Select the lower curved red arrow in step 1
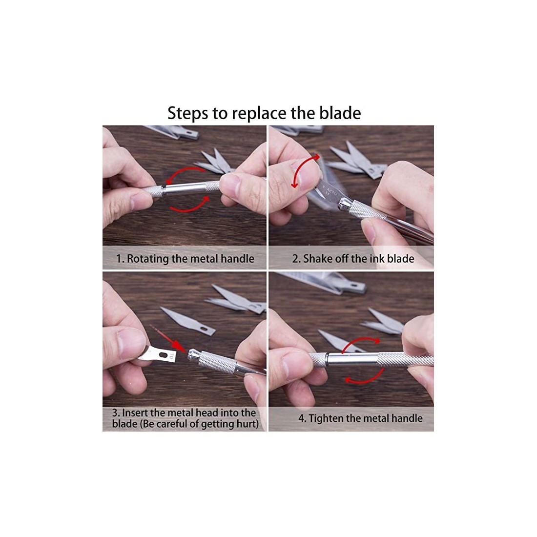(x=189, y=205)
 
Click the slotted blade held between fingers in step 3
(x=158, y=354)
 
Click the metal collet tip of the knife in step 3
(x=193, y=354)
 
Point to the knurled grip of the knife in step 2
(x=367, y=210)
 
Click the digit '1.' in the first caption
(x=120, y=259)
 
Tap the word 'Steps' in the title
(x=187, y=114)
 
